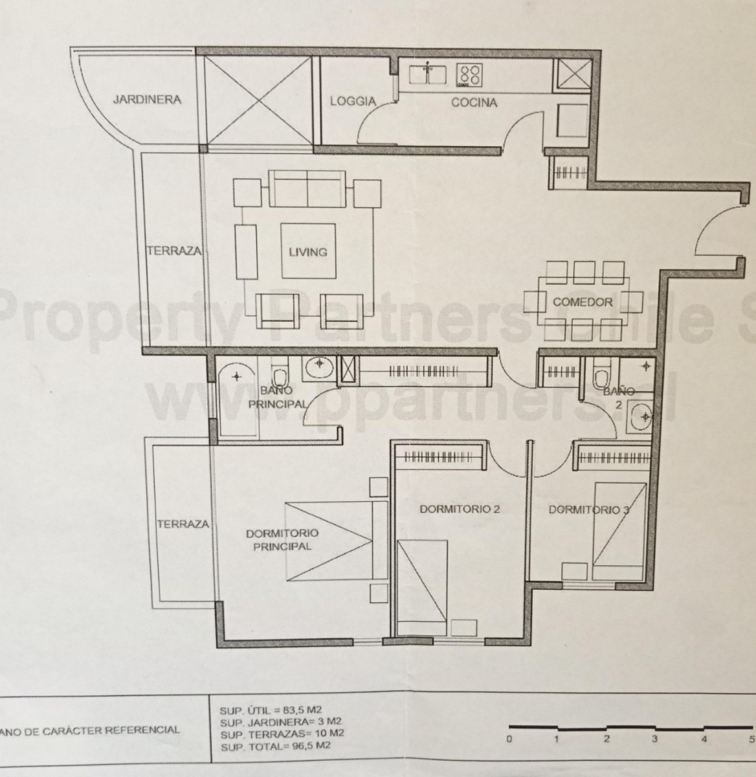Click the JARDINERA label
pos(147,100)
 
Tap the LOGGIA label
pos(353,101)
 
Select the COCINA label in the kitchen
pos(474,102)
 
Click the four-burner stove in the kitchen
pos(470,74)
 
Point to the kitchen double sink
pos(428,73)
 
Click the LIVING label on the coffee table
pos(307,252)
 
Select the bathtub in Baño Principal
pos(236,402)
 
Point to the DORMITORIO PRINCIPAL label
pos(282,539)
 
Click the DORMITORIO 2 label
pos(460,509)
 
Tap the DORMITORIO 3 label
pos(588,510)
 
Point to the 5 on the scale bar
pos(751,739)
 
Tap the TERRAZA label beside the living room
pos(173,251)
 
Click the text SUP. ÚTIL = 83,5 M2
pos(274,711)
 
